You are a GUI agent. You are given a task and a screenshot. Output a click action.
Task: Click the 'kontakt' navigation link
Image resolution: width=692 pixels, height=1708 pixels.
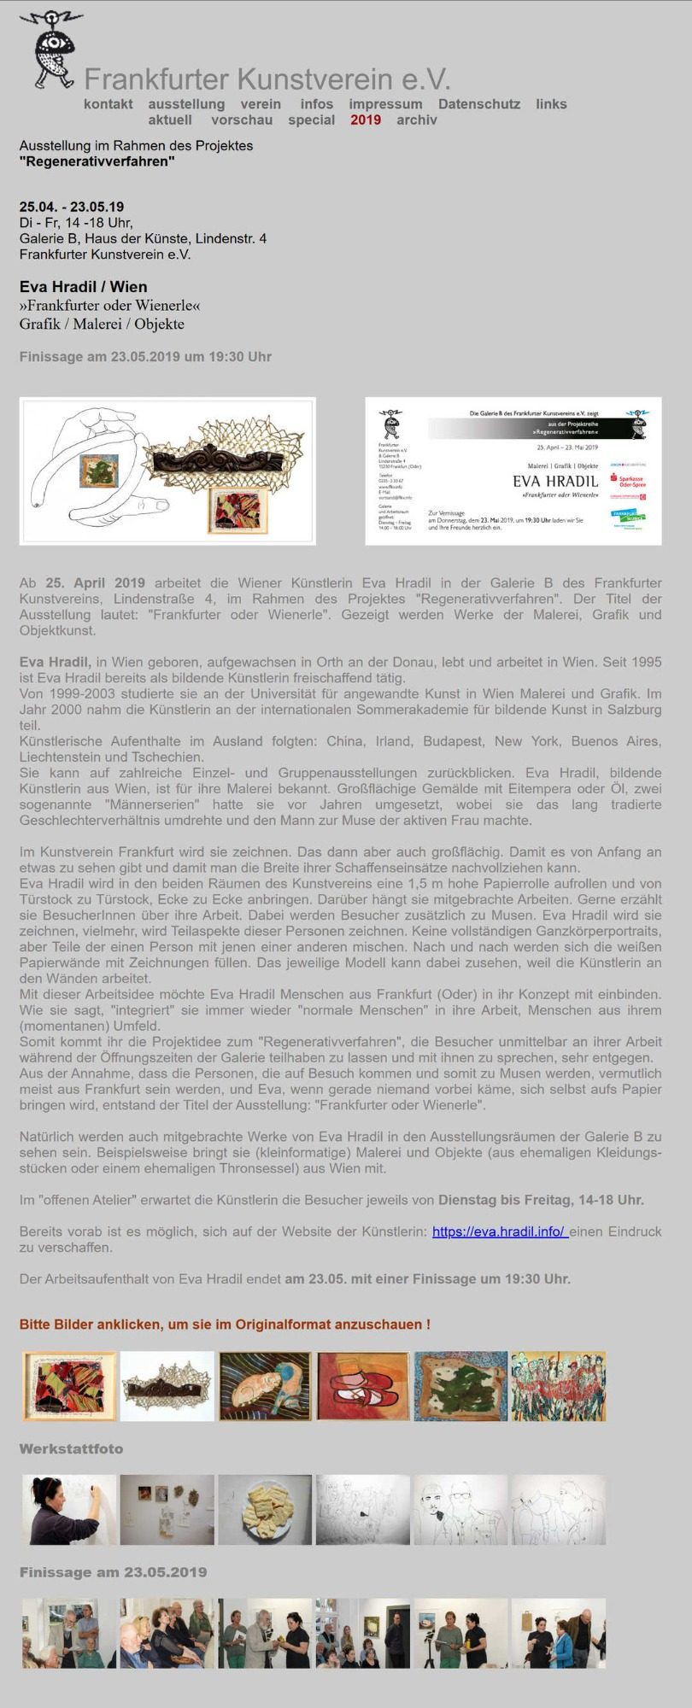click(108, 104)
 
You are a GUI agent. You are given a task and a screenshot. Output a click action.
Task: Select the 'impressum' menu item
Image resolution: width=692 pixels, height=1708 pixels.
click(384, 104)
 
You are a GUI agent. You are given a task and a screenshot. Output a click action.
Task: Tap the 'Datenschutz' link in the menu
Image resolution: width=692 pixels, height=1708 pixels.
click(478, 104)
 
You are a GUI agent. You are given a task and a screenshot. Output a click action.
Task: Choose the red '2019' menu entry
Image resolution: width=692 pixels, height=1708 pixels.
click(366, 120)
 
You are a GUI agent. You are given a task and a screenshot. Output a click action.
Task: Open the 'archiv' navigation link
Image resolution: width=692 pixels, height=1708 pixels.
click(417, 120)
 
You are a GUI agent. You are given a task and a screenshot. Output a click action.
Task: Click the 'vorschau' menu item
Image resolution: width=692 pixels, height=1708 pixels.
click(242, 120)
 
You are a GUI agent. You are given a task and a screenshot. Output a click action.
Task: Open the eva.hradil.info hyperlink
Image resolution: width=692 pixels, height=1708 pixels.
click(499, 1231)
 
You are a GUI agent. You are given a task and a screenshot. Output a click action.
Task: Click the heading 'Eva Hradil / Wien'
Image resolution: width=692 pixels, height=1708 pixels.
click(84, 287)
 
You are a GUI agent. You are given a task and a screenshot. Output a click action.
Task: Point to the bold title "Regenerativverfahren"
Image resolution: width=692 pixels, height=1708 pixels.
click(97, 161)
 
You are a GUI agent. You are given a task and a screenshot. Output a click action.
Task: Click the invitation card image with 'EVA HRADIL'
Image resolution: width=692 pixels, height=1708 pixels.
click(513, 471)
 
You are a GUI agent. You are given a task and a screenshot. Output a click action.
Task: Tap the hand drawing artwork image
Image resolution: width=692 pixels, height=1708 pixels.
click(167, 471)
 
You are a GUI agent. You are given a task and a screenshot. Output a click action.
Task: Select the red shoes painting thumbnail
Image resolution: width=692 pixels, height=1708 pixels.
click(363, 1386)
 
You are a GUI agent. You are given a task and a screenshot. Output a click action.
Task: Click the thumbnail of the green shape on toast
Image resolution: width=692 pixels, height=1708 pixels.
click(460, 1386)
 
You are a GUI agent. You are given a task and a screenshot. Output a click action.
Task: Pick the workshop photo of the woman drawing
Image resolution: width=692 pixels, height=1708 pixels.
click(69, 1510)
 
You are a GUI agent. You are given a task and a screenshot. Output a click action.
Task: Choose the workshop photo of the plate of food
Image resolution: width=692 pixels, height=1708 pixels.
click(265, 1510)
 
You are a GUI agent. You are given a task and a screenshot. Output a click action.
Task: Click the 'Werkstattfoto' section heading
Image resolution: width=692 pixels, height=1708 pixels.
click(71, 1449)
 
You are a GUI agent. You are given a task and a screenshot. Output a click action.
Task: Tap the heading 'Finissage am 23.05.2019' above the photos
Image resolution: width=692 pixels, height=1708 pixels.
click(113, 1572)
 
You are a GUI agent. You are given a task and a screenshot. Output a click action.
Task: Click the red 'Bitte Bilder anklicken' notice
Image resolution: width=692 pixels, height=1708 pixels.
click(225, 1325)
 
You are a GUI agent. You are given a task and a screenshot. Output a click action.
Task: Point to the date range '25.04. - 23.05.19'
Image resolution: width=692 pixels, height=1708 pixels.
click(72, 207)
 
